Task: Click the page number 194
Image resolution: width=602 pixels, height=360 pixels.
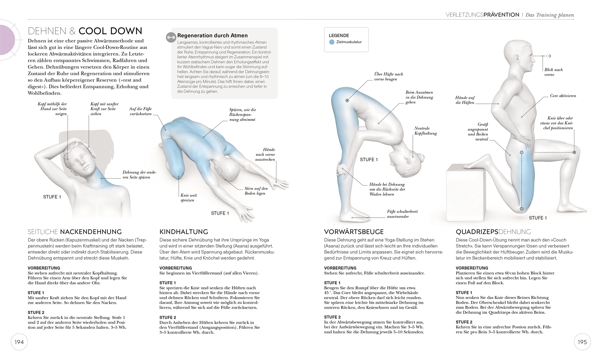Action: pos(19,342)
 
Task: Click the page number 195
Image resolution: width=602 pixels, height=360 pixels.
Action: pos(582,342)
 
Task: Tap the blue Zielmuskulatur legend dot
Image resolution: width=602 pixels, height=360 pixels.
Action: pos(332,42)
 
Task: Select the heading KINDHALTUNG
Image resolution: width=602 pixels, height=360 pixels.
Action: pos(184,232)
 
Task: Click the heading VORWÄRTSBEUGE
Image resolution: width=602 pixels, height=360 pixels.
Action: pos(354,232)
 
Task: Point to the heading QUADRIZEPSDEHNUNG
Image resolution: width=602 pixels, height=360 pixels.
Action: pos(493,232)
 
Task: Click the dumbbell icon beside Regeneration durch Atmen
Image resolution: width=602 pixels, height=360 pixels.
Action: pos(171,37)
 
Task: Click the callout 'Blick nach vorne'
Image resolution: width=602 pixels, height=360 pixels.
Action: pos(553,72)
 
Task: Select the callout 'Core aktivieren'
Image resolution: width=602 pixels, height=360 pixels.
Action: pos(563,96)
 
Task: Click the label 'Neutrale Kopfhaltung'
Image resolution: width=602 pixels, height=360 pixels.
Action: pos(425,131)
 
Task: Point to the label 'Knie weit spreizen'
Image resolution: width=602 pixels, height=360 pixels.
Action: pos(188,198)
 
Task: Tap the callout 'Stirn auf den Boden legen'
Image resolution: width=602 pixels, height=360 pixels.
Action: pos(256,191)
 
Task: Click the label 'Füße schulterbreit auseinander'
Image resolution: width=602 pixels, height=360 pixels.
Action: pos(402,214)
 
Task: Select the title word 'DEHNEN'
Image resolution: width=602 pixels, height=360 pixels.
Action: pos(47,31)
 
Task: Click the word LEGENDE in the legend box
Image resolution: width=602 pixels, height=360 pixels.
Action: pos(339,35)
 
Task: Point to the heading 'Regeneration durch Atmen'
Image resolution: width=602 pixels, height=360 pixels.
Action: pos(212,35)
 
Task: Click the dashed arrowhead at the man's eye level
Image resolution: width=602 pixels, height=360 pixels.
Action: pos(549,56)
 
